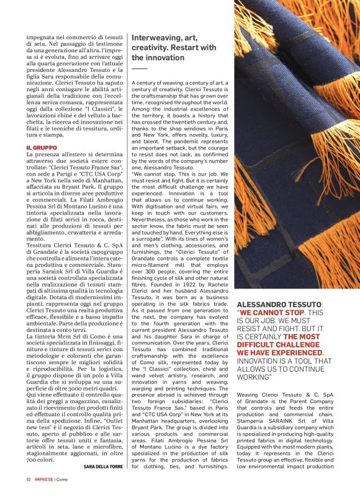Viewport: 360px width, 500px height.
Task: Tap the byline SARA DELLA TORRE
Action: click(104, 483)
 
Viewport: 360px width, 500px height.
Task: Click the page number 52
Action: click(29, 496)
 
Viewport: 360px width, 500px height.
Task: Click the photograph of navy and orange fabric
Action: click(295, 143)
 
